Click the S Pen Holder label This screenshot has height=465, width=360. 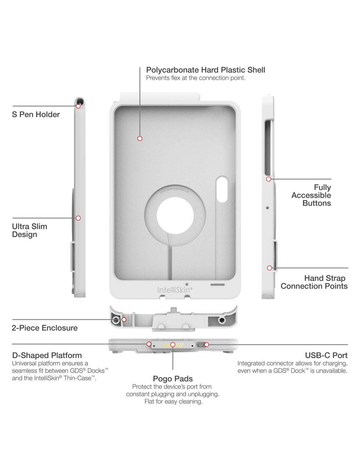click(36, 114)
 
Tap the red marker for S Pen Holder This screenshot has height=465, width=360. click(78, 106)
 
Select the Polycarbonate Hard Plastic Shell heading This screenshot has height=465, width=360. click(206, 70)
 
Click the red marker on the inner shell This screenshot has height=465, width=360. click(140, 139)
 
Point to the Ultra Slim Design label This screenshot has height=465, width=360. click(29, 230)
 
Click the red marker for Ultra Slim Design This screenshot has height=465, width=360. click(78, 218)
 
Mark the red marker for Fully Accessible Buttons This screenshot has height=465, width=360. click(269, 179)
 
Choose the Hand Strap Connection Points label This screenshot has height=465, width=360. click(314, 282)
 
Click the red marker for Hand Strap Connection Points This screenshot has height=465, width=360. click(269, 268)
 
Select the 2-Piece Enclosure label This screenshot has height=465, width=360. click(45, 328)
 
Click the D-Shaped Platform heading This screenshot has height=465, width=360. click(47, 355)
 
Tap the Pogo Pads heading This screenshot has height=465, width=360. click(173, 379)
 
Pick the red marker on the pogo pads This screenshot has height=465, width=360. click(173, 345)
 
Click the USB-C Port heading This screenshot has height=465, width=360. click(326, 355)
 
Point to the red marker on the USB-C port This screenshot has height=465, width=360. click(207, 345)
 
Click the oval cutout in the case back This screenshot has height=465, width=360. click(222, 189)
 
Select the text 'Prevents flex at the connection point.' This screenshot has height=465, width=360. click(196, 78)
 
